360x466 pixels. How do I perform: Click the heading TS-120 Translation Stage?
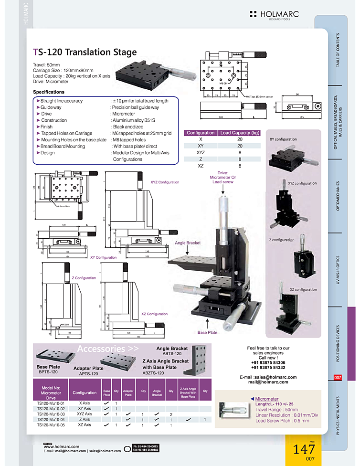coord(85,52)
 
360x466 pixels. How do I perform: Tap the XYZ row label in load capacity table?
coord(201,152)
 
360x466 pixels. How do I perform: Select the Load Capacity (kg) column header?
coord(240,133)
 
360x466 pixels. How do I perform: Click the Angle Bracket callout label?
coord(188,243)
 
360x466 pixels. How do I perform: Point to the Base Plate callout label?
coord(207,332)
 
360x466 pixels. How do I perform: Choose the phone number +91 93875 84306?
coord(268,362)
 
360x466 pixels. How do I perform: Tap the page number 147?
coord(304,450)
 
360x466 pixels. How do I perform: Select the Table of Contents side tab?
coord(338,50)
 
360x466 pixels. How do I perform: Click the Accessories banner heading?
coord(107,349)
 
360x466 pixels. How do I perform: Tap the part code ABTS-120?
coord(172,354)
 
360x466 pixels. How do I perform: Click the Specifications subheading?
coord(49,92)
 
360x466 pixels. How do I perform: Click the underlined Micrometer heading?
coord(267,399)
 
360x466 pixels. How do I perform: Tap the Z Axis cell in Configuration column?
coord(84,419)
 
